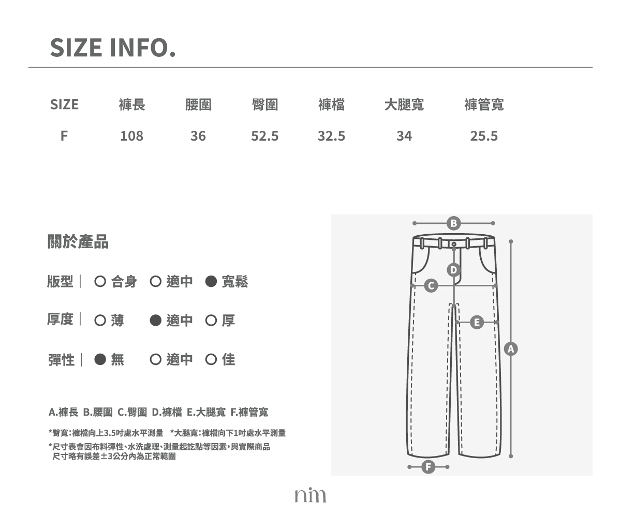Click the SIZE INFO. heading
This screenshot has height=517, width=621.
(113, 48)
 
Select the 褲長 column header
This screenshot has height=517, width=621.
(132, 104)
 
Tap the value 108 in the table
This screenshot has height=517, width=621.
(132, 136)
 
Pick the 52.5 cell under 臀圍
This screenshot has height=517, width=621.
(264, 136)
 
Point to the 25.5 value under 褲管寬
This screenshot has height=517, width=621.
(484, 136)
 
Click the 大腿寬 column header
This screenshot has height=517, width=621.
(404, 104)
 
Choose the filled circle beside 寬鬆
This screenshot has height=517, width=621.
(211, 281)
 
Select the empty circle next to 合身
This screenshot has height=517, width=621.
(100, 281)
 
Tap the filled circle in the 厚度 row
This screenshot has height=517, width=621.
(156, 321)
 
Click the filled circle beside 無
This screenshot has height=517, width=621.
(100, 359)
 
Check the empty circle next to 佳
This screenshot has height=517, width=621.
(211, 359)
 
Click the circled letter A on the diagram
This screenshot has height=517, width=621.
(511, 349)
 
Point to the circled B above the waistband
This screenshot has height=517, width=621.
(453, 223)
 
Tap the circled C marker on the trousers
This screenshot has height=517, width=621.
(431, 285)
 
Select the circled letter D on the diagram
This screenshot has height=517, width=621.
(453, 270)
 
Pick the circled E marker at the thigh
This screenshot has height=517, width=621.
(477, 323)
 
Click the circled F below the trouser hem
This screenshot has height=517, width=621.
(428, 467)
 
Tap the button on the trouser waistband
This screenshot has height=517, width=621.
(454, 244)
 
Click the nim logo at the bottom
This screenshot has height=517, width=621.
(310, 495)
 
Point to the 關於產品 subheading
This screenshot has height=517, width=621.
(78, 241)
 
